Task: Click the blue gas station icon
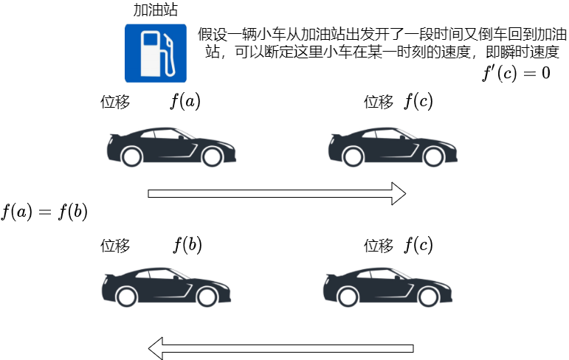[x=155, y=52]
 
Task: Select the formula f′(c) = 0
[x=516, y=73]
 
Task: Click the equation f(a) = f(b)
[x=44, y=212]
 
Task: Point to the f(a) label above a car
[x=185, y=101]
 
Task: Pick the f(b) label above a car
[x=187, y=245]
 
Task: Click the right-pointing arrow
[x=277, y=193]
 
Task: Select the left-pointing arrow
[x=280, y=347]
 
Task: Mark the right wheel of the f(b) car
[x=207, y=297]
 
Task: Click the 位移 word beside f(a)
[x=115, y=103]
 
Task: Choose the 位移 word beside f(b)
[x=115, y=246]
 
